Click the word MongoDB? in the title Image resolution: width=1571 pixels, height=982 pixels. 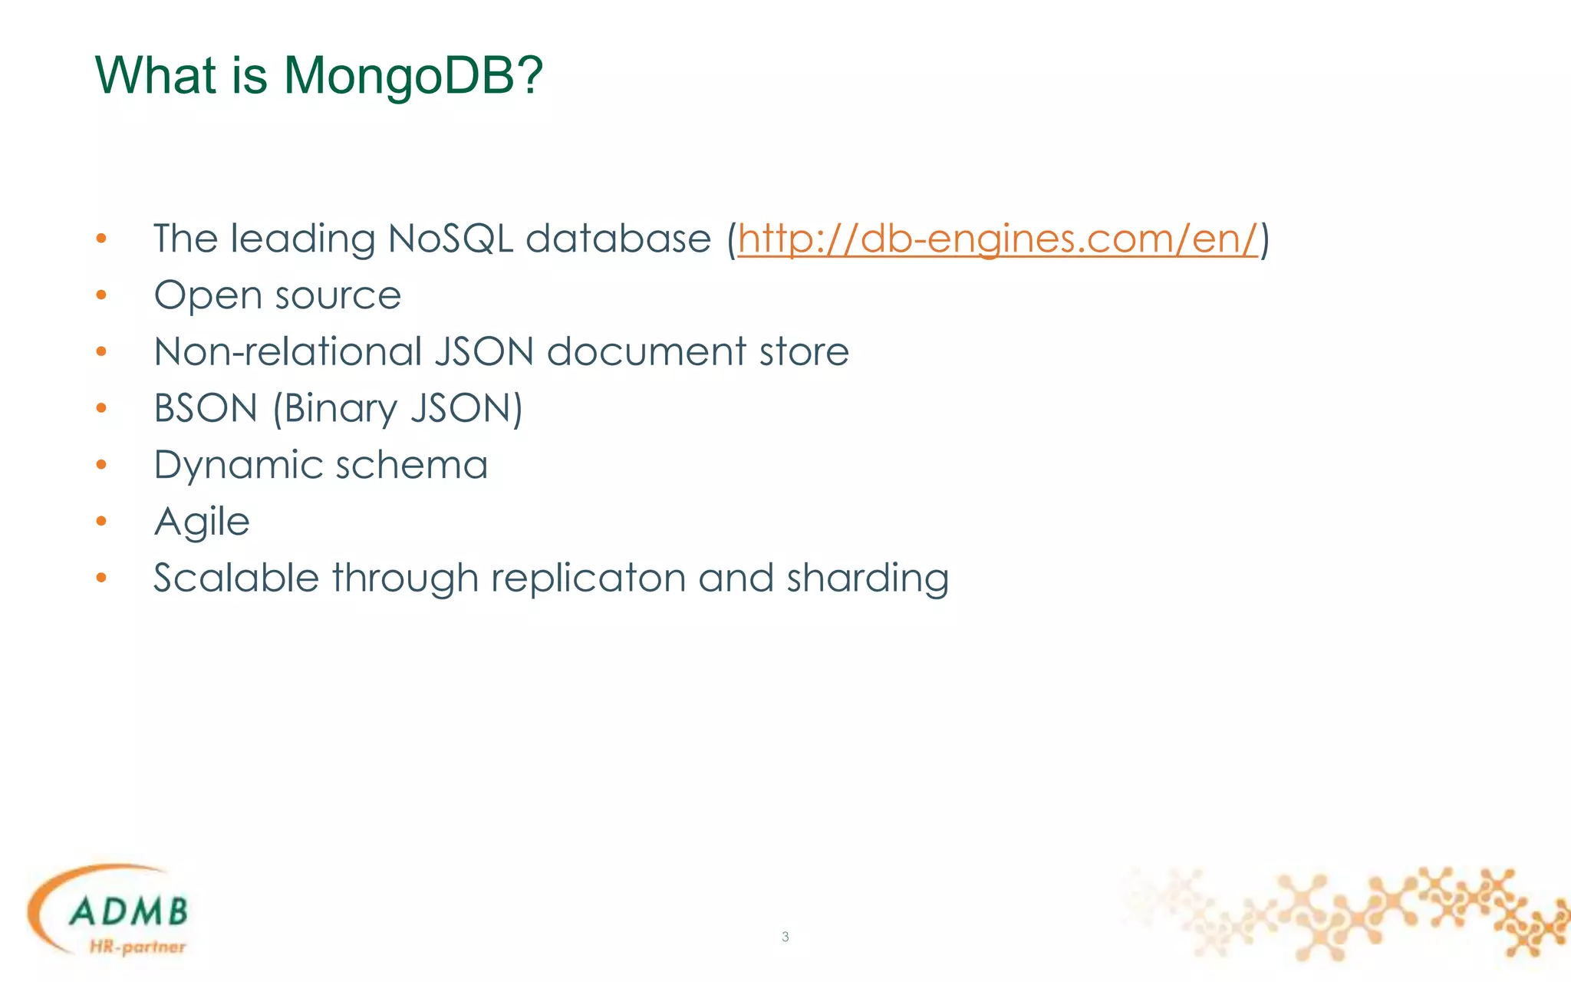coord(413,77)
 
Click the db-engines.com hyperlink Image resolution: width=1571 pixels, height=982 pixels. coord(997,239)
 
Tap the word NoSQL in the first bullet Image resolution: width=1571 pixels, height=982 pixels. coord(450,239)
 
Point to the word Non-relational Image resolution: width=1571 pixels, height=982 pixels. coord(288,352)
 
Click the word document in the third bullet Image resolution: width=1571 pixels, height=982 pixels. coord(647,352)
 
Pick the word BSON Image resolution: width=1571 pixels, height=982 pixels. coord(206,408)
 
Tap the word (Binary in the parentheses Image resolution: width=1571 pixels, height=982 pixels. coord(335,409)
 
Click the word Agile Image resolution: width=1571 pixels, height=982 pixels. coord(202,522)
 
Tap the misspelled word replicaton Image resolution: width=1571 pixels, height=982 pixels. coord(588,578)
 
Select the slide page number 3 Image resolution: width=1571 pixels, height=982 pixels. coord(785,936)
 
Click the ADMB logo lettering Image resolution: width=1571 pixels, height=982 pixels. coord(128,911)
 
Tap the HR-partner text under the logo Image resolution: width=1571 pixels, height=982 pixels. coord(137,947)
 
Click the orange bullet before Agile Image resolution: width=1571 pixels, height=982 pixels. coord(101,522)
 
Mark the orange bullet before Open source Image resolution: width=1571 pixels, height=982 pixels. coord(101,295)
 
